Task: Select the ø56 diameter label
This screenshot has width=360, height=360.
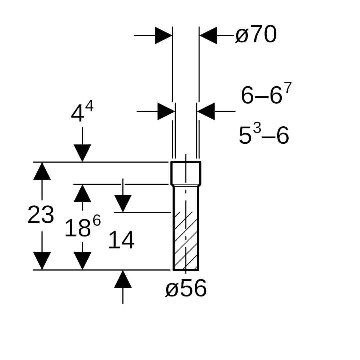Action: pos(186,288)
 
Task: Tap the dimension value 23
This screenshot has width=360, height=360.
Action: pos(41,215)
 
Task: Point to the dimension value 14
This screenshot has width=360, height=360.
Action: pos(121,240)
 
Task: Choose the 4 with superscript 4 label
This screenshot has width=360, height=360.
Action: pos(82,112)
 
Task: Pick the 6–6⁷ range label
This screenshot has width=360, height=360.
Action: pos(266,93)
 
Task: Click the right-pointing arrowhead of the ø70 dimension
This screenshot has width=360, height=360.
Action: pos(163,35)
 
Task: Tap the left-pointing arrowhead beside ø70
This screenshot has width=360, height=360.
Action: pos(208,35)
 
